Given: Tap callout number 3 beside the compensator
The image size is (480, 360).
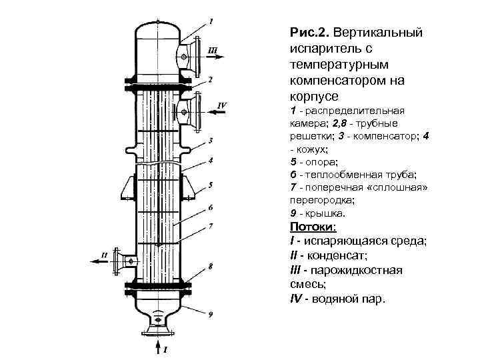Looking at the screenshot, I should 211,141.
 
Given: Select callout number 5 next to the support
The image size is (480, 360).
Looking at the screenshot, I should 211,184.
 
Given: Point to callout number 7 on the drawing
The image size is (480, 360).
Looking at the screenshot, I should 211,226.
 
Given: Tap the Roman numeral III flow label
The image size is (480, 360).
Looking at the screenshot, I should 212,50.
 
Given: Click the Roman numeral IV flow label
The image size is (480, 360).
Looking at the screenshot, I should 223,105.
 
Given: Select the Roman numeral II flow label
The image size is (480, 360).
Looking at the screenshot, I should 103,254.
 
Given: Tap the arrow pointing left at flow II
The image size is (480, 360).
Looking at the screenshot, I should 100,262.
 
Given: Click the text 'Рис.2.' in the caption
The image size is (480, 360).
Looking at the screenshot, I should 309,33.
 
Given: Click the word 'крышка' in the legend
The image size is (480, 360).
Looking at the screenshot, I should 326,214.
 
